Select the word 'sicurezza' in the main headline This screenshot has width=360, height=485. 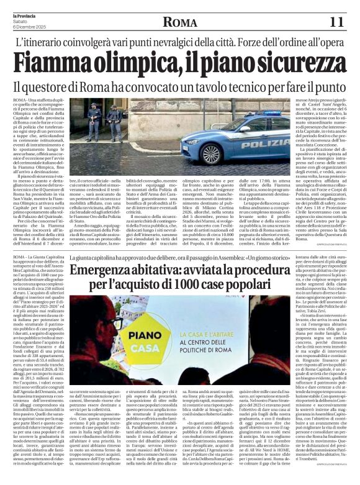[x=291, y=64]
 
